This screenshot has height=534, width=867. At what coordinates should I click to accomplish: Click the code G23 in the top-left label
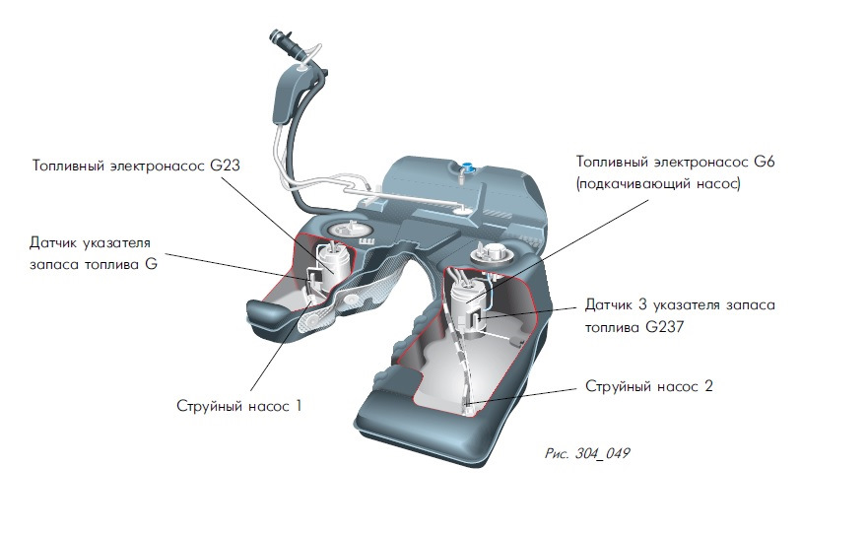point(227,167)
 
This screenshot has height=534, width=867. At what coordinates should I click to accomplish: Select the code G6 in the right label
point(764,161)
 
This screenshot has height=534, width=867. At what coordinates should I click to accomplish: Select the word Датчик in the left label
point(60,242)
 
